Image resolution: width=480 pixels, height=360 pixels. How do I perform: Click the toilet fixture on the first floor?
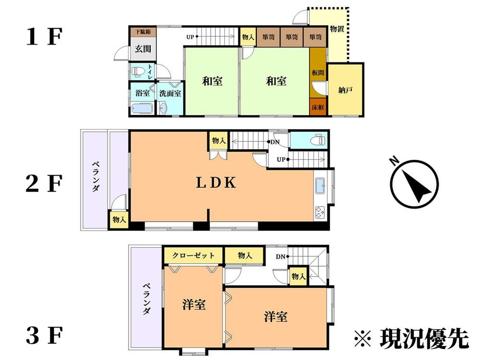138,72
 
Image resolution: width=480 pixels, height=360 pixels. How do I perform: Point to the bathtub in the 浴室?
142,108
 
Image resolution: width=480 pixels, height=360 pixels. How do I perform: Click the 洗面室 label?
170,93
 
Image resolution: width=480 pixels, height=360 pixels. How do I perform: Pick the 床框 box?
318,107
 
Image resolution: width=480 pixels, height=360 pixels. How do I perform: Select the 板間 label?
318,72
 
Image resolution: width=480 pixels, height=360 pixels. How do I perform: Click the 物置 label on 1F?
337,29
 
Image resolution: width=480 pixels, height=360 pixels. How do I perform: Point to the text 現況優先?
423,339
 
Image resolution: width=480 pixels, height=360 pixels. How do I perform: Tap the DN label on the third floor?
281,256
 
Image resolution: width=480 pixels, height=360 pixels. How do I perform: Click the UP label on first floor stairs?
191,36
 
